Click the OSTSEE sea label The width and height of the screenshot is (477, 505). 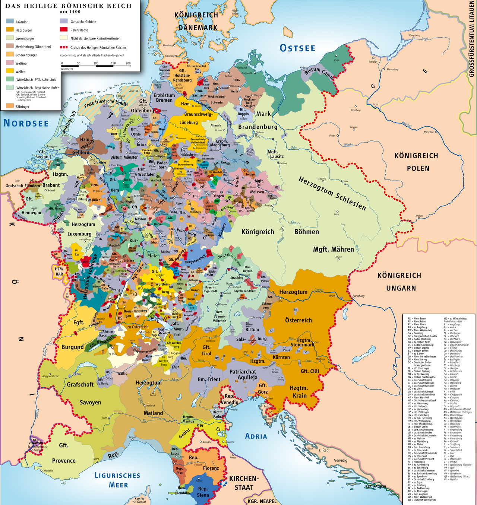[297, 48]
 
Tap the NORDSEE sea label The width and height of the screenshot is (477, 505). [26, 123]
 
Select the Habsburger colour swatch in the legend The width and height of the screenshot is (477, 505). [10, 30]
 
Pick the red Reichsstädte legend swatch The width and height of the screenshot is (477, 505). [64, 30]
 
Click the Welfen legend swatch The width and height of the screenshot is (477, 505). [10, 71]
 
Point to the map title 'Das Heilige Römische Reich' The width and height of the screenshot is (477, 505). [69, 6]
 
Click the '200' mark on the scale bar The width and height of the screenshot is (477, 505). [128, 63]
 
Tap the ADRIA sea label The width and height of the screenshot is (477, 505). [256, 436]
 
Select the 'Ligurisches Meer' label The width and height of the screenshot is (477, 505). [117, 480]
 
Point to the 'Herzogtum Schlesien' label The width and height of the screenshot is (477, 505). [332, 194]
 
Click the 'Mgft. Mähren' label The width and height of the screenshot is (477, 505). [333, 250]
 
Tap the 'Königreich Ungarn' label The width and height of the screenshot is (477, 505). [399, 282]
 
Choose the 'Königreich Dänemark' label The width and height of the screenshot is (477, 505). [197, 21]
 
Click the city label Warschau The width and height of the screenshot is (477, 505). [429, 132]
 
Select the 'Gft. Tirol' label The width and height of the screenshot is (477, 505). [206, 350]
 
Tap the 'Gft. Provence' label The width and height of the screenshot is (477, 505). [64, 453]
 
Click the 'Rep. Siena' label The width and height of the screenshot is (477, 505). [203, 492]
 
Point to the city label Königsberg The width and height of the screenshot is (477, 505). [414, 35]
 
